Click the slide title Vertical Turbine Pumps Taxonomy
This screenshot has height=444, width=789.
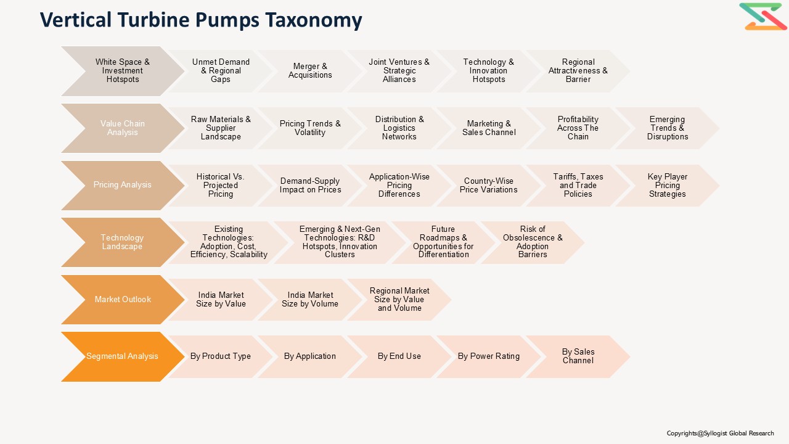point(201,20)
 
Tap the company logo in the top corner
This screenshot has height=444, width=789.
point(762,17)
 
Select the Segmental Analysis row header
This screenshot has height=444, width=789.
point(122,356)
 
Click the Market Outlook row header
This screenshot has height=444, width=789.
point(122,300)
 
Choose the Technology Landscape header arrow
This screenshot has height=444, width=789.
point(122,242)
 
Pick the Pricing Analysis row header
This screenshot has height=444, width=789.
point(122,185)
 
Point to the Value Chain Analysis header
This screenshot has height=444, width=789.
point(122,128)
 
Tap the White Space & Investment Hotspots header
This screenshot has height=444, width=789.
point(122,71)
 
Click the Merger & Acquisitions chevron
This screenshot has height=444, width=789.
point(310,71)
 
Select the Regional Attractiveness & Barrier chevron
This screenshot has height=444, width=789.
point(578,71)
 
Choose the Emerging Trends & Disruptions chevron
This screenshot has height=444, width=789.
point(667,128)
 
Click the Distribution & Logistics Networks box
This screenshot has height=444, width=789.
point(399,128)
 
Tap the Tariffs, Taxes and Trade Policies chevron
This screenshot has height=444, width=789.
point(578,185)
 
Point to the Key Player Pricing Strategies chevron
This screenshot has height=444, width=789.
point(667,185)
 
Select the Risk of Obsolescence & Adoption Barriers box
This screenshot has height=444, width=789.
point(533,242)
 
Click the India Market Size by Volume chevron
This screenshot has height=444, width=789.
point(310,300)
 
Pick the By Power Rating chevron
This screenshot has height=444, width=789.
point(489,356)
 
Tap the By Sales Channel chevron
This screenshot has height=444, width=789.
point(578,356)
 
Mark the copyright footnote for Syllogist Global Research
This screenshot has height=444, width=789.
point(720,434)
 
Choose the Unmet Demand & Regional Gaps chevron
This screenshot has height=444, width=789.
point(221,71)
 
